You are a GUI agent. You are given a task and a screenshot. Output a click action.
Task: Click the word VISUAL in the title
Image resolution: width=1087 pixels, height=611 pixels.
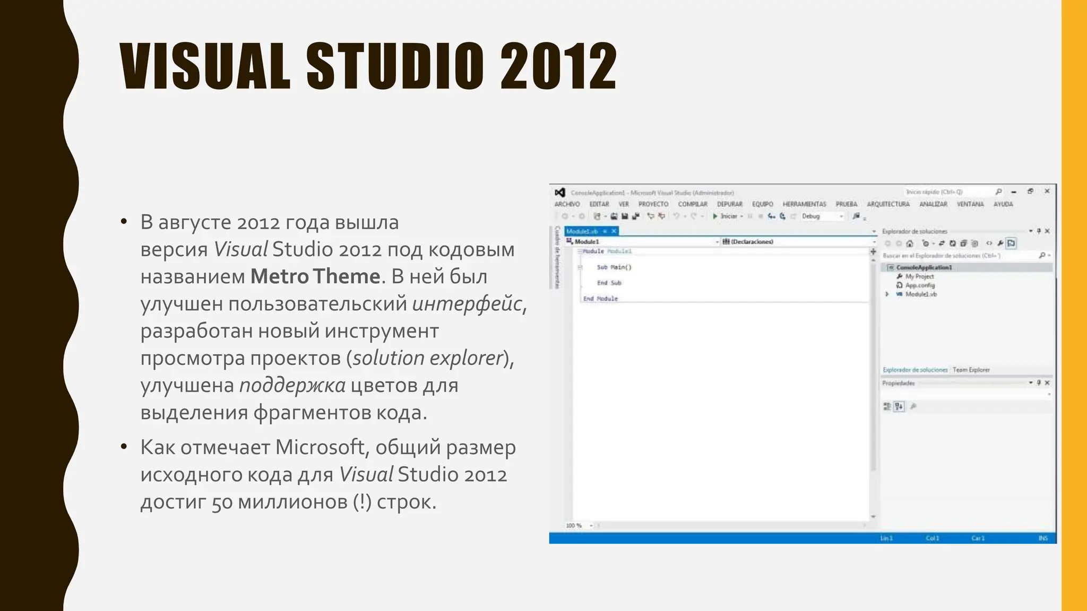[205, 67]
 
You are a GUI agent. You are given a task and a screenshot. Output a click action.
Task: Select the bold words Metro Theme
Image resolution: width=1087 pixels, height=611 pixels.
[315, 276]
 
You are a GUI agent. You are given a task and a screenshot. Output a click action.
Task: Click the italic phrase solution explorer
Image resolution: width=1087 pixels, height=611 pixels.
[428, 358]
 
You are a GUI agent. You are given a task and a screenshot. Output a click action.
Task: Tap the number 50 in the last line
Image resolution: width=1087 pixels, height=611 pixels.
[222, 502]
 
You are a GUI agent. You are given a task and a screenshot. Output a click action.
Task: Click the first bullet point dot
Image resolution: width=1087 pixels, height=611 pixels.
[124, 222]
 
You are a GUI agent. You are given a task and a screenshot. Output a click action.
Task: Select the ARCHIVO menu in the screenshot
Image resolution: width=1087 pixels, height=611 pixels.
[567, 204]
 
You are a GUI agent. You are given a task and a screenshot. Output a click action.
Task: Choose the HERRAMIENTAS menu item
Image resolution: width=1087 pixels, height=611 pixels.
[804, 204]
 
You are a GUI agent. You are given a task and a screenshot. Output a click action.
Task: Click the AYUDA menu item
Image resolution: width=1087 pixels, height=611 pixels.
[1003, 204]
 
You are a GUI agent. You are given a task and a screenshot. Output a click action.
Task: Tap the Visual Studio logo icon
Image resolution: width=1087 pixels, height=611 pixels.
[559, 193]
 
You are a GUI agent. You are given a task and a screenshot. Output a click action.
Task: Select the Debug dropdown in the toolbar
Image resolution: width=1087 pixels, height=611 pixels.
[822, 216]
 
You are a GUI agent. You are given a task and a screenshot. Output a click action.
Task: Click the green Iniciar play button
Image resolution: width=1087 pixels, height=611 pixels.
[715, 216]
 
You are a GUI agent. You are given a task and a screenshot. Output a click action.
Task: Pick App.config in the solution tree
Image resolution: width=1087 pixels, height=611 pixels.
[920, 285]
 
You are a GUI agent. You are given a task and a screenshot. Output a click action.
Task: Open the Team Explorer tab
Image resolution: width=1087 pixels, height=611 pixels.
[971, 370]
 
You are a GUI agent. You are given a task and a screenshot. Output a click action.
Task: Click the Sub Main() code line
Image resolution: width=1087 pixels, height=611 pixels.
[614, 267]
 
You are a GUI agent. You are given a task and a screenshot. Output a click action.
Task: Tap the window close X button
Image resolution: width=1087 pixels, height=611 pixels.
[1047, 191]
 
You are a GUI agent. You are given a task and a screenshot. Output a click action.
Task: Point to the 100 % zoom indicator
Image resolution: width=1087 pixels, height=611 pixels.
[574, 526]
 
